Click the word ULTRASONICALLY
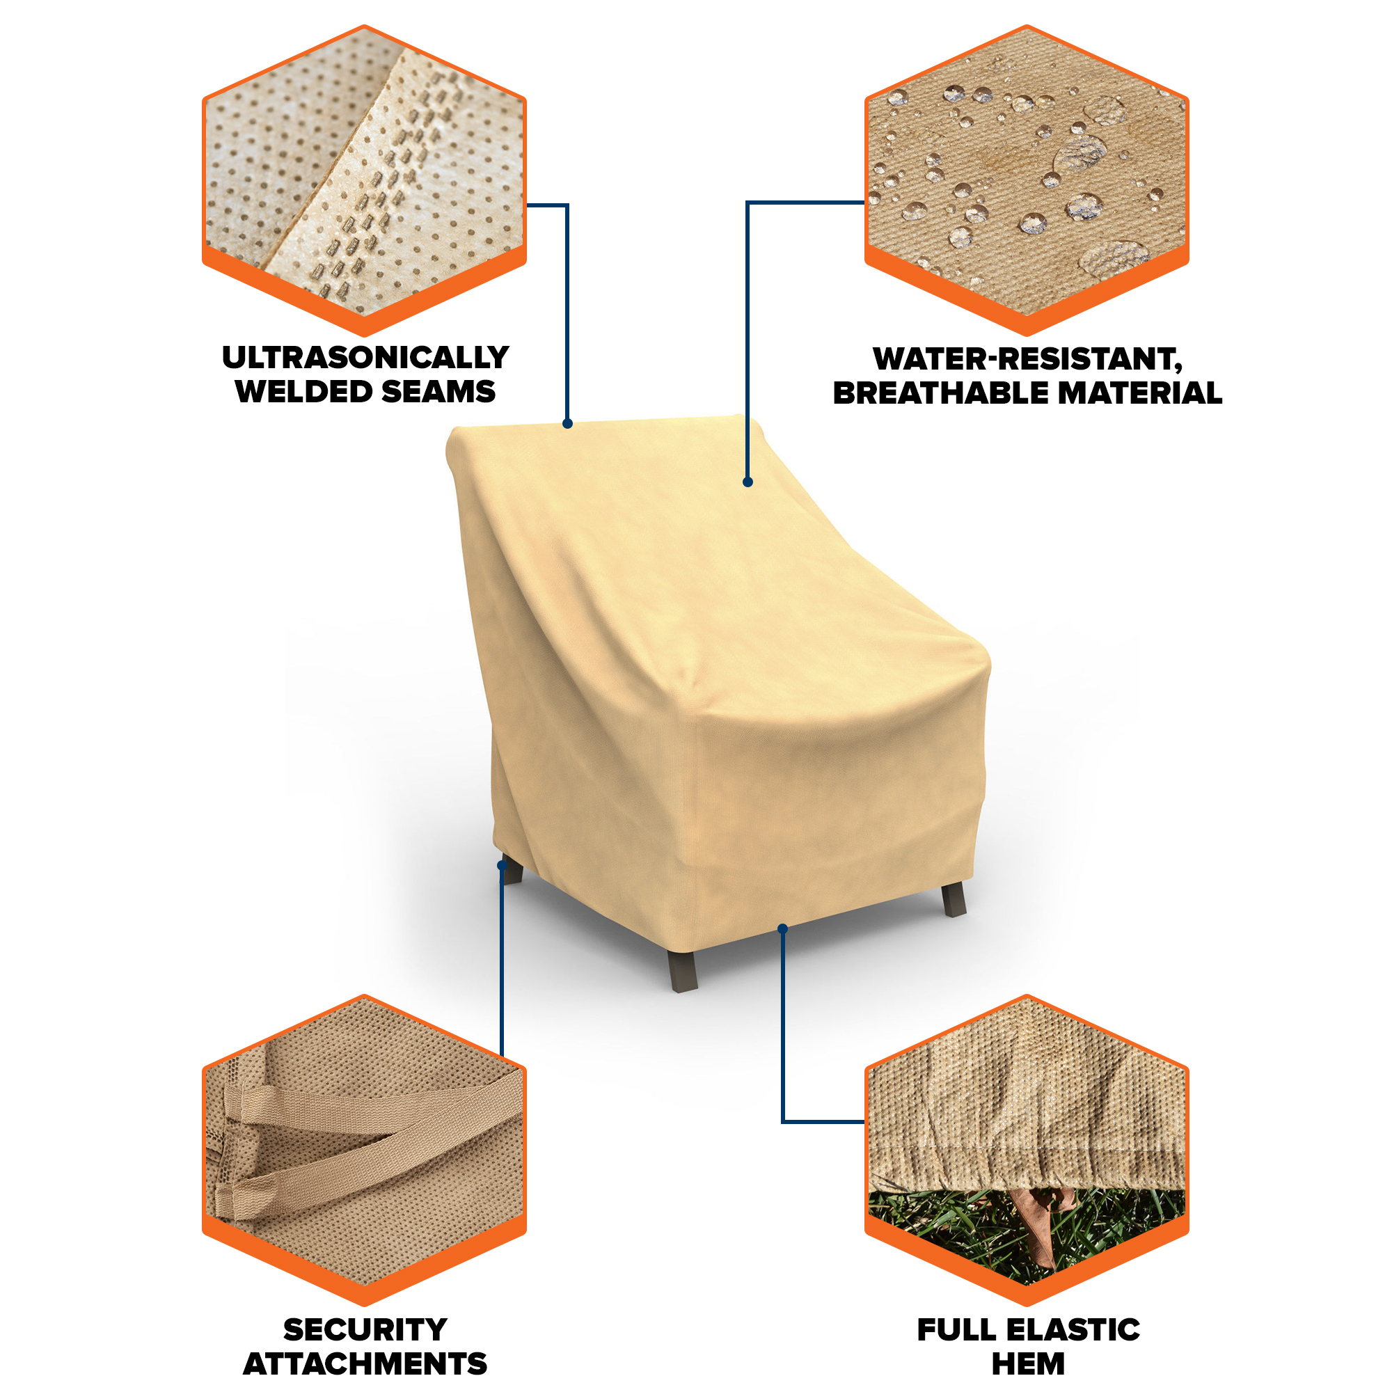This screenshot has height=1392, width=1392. tap(365, 357)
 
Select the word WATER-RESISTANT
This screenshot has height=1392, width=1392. tap(1027, 359)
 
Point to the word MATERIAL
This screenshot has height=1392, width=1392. tap(1140, 393)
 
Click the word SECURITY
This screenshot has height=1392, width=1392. tap(365, 1329)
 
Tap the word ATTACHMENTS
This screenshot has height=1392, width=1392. tap(365, 1364)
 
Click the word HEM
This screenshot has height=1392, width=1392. tap(1028, 1364)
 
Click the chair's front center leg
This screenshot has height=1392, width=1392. tap(683, 970)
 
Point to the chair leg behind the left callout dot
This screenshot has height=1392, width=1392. tap(512, 871)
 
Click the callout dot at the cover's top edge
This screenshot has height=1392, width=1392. tap(568, 424)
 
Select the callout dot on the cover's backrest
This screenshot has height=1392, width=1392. tap(748, 482)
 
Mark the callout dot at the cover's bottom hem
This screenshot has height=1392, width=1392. tap(783, 928)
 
